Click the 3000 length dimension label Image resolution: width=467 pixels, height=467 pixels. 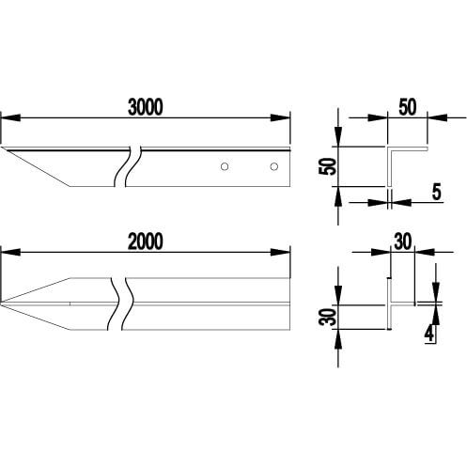pos(146,107)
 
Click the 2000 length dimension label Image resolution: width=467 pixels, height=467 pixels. pos(146,241)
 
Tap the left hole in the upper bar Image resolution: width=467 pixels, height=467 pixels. pos(225,166)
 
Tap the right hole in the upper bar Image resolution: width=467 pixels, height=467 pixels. pos(274,166)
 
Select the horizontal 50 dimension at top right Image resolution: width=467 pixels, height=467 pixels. pos(408,107)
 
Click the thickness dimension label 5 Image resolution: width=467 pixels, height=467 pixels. pos(436,192)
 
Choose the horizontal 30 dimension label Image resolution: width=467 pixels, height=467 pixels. pos(402,241)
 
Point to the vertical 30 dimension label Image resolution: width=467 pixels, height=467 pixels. pos(328,317)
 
